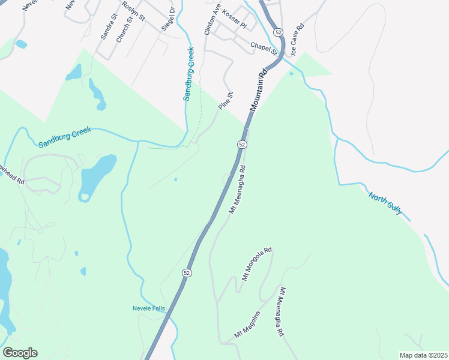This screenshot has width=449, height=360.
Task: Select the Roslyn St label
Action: [133, 10]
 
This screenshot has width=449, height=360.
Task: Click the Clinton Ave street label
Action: [212, 19]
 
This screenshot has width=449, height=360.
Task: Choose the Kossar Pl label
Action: [234, 20]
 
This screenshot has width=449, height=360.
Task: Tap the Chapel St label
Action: [264, 47]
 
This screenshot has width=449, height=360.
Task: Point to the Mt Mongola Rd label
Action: [256, 264]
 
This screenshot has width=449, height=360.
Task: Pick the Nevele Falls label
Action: [149, 309]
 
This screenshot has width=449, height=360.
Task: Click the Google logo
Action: [20, 353]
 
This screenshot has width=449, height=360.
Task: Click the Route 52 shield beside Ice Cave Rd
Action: [277, 31]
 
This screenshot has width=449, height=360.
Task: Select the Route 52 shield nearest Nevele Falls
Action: [187, 272]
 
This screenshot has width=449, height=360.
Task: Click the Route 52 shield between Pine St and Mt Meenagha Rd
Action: [241, 145]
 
